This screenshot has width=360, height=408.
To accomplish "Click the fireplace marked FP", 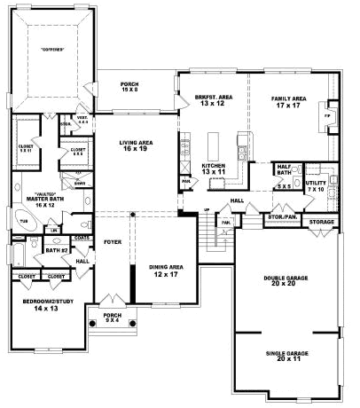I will click(327, 115).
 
